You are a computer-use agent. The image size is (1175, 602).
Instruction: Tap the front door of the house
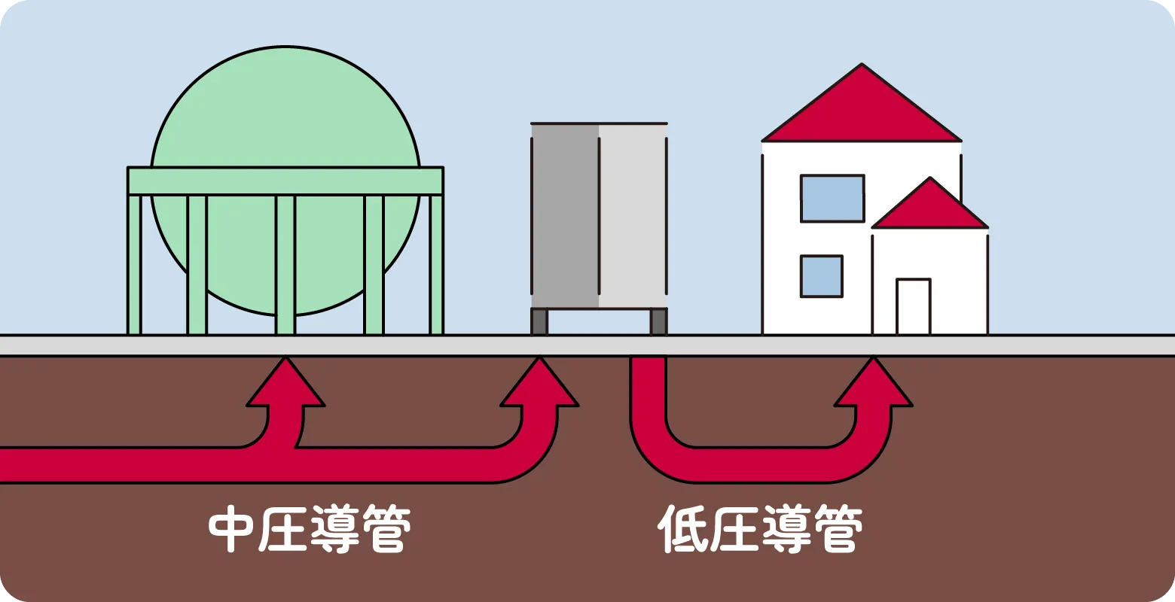pos(913,306)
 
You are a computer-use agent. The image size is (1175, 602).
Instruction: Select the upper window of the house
pos(832,199)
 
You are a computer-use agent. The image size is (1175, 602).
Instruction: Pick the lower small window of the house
pos(821,276)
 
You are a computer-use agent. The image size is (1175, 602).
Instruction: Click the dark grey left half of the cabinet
pos(565,215)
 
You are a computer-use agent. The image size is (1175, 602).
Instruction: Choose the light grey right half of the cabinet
pos(633,215)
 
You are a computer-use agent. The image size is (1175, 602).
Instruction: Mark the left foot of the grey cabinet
pos(539,321)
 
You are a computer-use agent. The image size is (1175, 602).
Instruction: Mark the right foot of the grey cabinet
pos(658,321)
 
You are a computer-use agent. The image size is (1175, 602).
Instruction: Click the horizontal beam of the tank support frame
pos(285,181)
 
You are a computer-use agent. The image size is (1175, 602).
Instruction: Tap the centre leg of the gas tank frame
pos(285,263)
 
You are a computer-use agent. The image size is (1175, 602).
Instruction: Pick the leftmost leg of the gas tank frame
pos(135,263)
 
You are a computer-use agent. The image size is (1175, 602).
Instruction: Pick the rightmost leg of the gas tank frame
pos(436,263)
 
